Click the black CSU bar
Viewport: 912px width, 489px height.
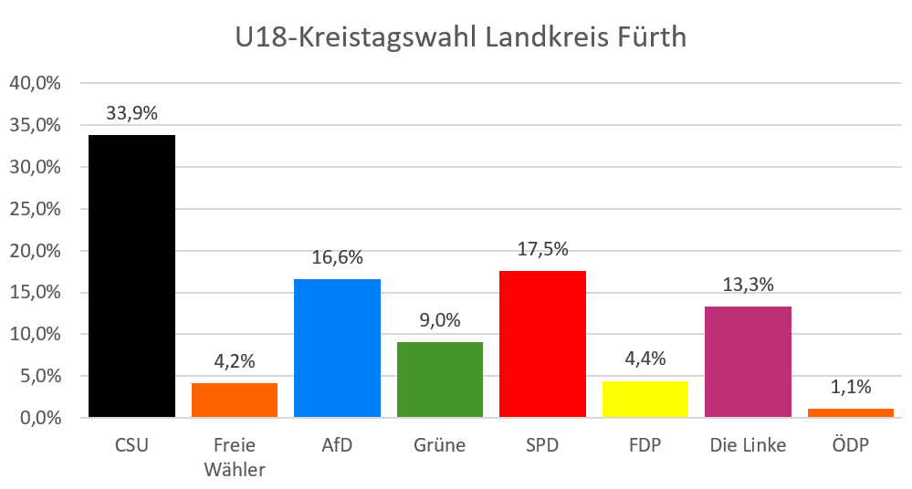[x=131, y=276]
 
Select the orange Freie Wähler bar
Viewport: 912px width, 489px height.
[x=234, y=401]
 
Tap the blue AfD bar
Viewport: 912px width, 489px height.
[x=337, y=349]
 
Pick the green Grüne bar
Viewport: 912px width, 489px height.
[x=439, y=380]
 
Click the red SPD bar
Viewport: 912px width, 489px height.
[x=542, y=344]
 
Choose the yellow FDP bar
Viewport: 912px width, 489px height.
[x=645, y=400]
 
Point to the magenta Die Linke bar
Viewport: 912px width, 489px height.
[x=748, y=362]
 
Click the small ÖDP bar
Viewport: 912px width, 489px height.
[x=850, y=413]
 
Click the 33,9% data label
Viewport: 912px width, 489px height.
[x=132, y=114]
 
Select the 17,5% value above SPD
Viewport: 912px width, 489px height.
[x=542, y=249]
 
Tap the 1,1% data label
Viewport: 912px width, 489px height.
[x=850, y=387]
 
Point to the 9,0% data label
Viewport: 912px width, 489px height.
[x=439, y=320]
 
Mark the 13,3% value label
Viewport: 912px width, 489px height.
[x=748, y=285]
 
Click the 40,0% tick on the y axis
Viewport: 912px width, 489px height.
[x=35, y=83]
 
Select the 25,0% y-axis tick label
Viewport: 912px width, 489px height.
[x=35, y=209]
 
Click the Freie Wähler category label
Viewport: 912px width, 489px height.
[x=234, y=457]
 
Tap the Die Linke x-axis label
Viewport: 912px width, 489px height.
[x=748, y=446]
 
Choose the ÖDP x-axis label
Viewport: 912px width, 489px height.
[x=850, y=446]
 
